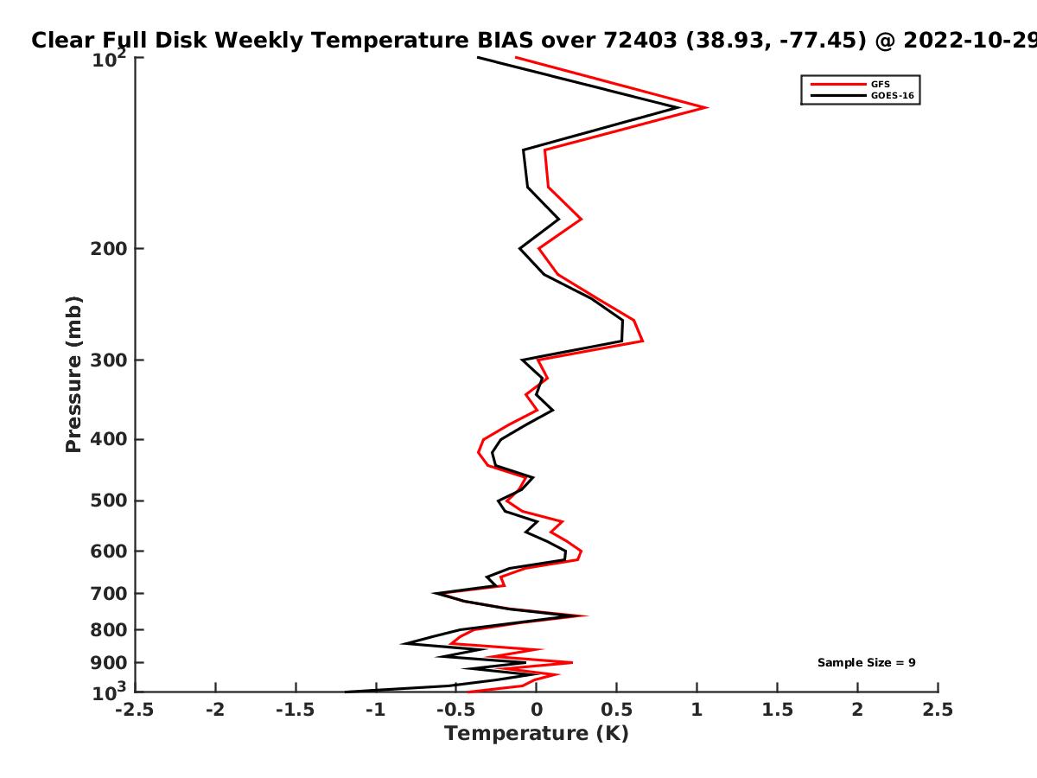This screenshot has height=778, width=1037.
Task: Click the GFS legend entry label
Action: [880, 84]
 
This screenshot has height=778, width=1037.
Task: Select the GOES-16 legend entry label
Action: [893, 95]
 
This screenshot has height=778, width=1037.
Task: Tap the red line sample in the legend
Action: [838, 84]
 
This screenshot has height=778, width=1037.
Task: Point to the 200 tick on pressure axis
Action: [109, 248]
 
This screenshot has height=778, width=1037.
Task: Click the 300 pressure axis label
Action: [109, 360]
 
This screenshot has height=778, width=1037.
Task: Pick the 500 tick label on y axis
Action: [109, 501]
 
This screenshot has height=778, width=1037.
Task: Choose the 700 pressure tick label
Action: [109, 594]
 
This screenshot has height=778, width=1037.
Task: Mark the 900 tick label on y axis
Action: [109, 663]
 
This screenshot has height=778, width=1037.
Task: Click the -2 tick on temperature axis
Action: [215, 710]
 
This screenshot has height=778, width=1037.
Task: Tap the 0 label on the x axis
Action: [537, 710]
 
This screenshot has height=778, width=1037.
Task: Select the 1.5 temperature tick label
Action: [777, 710]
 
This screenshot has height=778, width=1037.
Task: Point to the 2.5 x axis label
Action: [938, 710]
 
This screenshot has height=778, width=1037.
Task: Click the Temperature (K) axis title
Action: [537, 734]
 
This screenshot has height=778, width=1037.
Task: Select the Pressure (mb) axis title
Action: [73, 374]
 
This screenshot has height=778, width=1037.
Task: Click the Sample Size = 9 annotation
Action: [867, 663]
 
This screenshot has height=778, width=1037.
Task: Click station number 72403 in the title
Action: [640, 41]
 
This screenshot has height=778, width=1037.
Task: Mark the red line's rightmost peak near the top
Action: [706, 107]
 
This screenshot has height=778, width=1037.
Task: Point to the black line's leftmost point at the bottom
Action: [346, 692]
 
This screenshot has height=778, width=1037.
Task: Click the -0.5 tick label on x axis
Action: [455, 710]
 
